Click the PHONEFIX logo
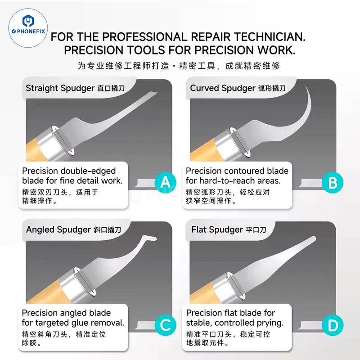point(28,28)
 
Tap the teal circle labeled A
point(166,183)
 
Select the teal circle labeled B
point(333,183)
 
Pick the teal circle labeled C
point(166,325)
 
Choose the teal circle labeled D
point(333,325)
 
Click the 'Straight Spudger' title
point(60,88)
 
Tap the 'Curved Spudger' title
point(222,88)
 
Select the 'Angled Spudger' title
point(58,229)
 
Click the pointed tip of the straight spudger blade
point(157,93)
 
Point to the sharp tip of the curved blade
point(306,87)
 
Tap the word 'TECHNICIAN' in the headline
point(270,37)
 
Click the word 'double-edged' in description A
point(88,171)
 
